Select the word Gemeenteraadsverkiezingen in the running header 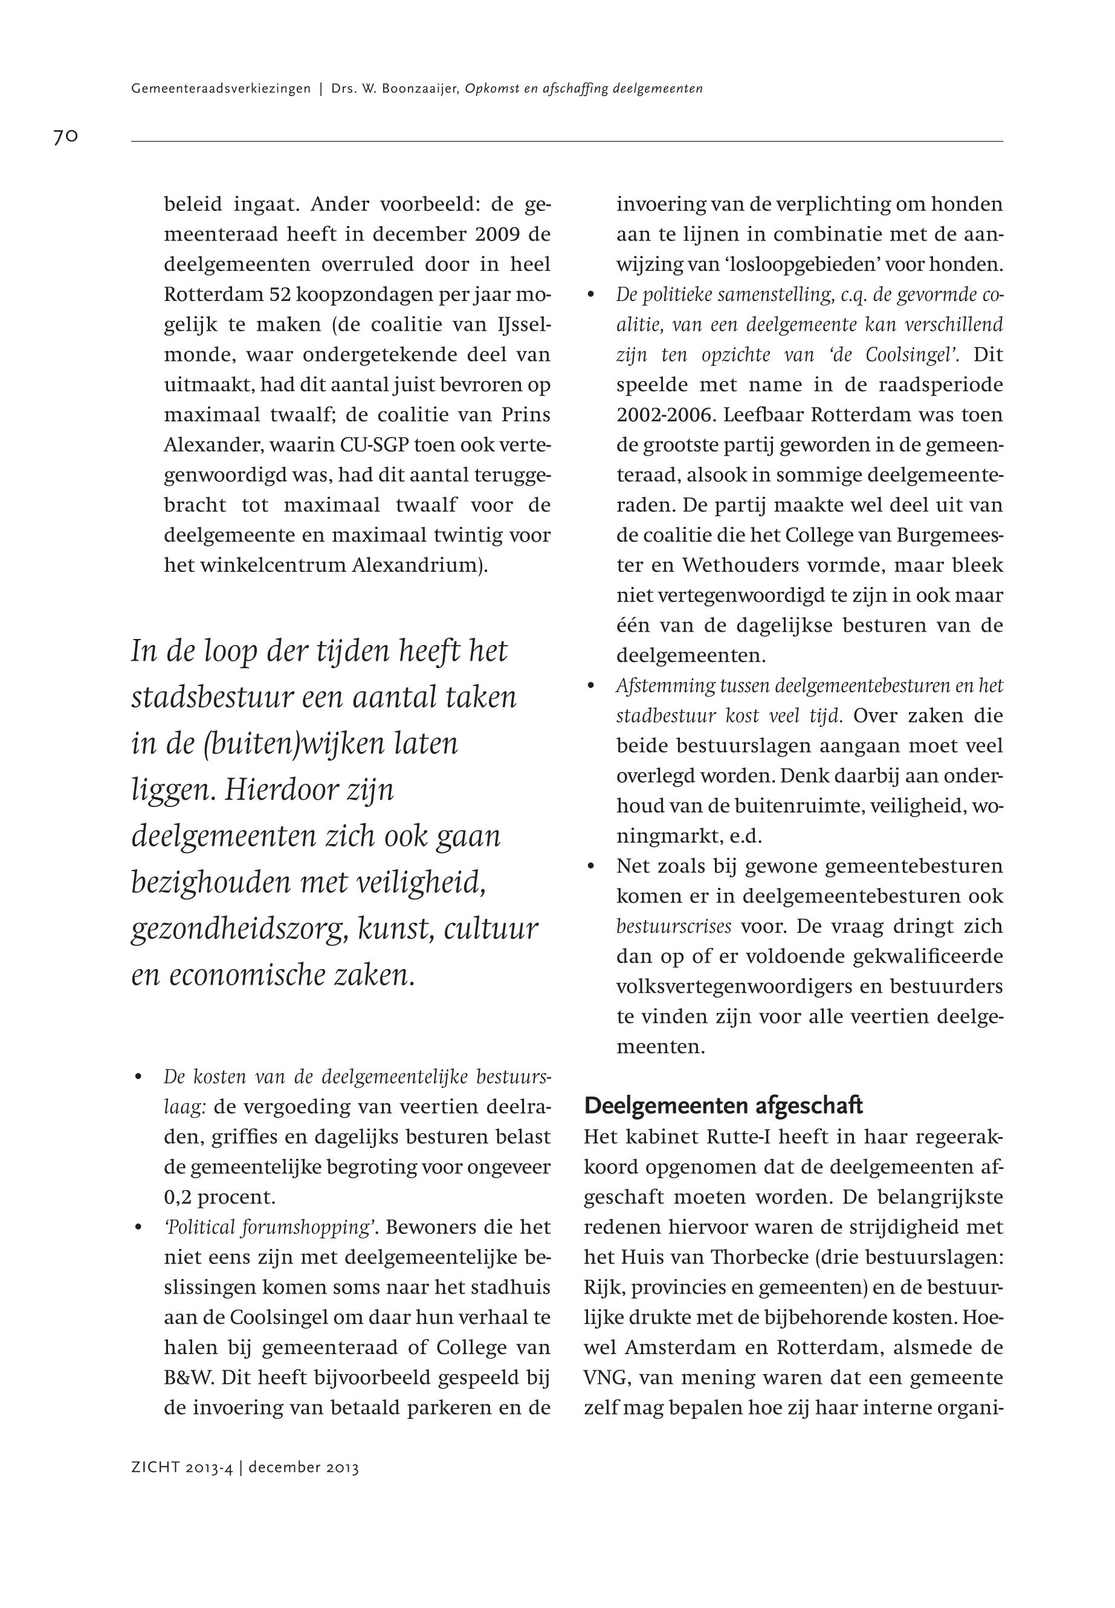[x=220, y=89]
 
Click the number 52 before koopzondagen [x=283, y=294]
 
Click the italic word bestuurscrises [x=673, y=927]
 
